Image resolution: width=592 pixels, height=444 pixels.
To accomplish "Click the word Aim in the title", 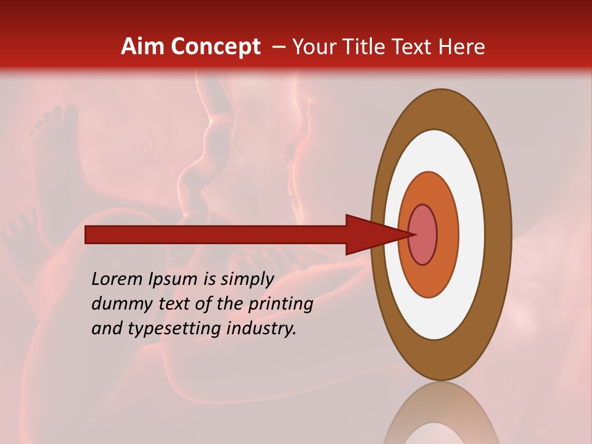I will [x=142, y=47].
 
